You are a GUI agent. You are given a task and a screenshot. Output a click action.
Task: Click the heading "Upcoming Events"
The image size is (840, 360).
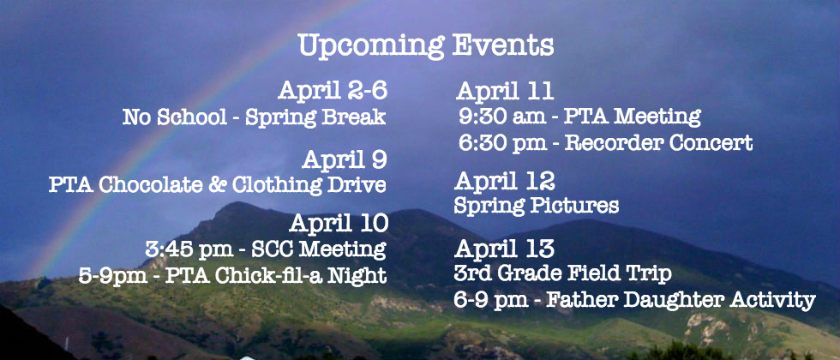click(x=426, y=46)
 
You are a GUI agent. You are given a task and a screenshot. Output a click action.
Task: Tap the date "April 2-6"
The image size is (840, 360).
click(x=333, y=91)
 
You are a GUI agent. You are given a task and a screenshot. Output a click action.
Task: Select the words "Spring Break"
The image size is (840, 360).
click(x=315, y=117)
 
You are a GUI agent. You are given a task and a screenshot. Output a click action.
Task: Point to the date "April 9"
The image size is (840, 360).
click(x=345, y=159)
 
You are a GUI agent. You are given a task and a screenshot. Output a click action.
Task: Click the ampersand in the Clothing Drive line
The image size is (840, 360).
click(x=219, y=185)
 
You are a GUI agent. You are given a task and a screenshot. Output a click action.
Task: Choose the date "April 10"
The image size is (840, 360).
click(x=339, y=224)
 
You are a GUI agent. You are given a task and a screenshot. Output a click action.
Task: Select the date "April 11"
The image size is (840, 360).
click(x=505, y=92)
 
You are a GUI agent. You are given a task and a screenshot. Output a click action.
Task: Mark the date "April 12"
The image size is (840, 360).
click(x=505, y=182)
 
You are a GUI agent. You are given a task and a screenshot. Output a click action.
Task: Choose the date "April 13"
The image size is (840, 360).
click(x=505, y=249)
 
